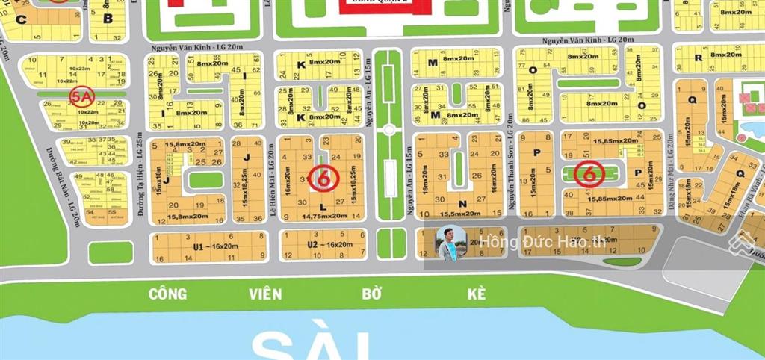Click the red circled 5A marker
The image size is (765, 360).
[80, 96]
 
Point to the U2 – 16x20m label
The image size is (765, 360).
[323, 245]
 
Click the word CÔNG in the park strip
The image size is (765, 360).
[167, 294]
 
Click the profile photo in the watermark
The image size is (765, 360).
[451, 243]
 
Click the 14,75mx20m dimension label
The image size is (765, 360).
[324, 216]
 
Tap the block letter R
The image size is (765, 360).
[698, 58]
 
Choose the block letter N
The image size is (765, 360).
[462, 204]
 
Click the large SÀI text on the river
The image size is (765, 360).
[310, 345]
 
